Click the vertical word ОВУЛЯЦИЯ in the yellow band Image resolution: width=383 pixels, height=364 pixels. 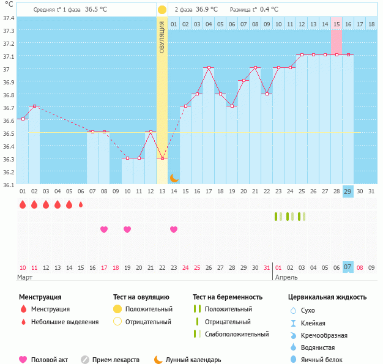click(162, 37)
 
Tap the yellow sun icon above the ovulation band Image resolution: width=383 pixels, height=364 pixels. click(162, 10)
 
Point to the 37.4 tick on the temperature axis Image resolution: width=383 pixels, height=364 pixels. click(9, 18)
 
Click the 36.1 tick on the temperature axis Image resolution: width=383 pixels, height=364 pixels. click(9, 185)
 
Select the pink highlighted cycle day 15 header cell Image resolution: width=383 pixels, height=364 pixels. click(337, 24)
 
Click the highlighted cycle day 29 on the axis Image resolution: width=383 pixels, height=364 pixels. click(348, 191)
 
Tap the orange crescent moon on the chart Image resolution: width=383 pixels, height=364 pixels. click(174, 177)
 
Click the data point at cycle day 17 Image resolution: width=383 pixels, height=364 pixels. click(209, 67)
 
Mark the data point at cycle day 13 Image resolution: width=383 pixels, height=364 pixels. click(162, 158)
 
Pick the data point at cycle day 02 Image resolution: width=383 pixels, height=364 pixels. click(34, 106)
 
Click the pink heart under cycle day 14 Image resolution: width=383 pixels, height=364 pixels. click(174, 229)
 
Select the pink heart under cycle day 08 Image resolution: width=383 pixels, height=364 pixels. click(104, 229)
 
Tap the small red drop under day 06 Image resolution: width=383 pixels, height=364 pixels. click(81, 204)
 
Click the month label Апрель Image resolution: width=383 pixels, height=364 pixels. click(286, 277)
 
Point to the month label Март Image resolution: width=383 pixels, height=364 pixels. click(25, 277)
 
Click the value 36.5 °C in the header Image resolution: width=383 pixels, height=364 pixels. click(95, 10)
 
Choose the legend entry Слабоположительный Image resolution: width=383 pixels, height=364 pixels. click(237, 334)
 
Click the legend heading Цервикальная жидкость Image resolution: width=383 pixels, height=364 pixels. click(327, 297)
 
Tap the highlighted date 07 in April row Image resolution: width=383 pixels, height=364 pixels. click(348, 267)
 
